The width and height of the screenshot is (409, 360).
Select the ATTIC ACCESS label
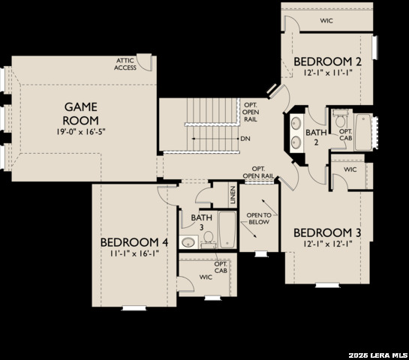coord(125,64)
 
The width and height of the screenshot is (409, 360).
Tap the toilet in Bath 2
coord(341,120)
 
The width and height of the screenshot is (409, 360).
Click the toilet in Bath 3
coord(209,238)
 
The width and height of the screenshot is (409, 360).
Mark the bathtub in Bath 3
coord(227,230)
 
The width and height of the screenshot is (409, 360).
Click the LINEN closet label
coord(233,196)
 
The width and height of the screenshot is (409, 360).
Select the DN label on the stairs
coord(245,139)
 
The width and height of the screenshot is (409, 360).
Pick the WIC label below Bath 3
coord(206,277)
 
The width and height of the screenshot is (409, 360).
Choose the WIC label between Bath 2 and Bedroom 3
coord(350,169)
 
